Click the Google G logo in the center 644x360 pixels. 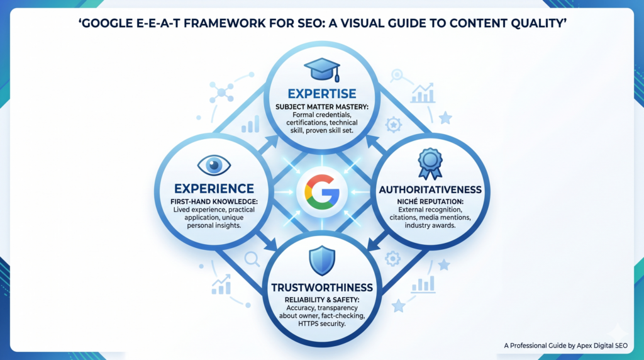(322, 191)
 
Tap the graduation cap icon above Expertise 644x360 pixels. (322, 69)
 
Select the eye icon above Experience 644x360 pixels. (214, 165)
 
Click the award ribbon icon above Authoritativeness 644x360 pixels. (430, 164)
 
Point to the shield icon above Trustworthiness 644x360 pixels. (322, 261)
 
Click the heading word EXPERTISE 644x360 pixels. (322, 94)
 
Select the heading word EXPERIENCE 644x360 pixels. (214, 189)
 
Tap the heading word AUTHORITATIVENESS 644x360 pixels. (430, 190)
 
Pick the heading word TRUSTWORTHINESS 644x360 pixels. (322, 288)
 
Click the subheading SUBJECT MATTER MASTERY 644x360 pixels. (322, 107)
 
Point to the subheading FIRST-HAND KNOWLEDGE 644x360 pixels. (214, 202)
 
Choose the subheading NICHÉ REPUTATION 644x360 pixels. (430, 202)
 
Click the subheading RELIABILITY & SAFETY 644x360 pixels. (322, 300)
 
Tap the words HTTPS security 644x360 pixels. (322, 324)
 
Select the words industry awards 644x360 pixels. (430, 225)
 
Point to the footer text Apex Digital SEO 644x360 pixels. (602, 346)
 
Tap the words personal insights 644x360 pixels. (214, 225)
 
